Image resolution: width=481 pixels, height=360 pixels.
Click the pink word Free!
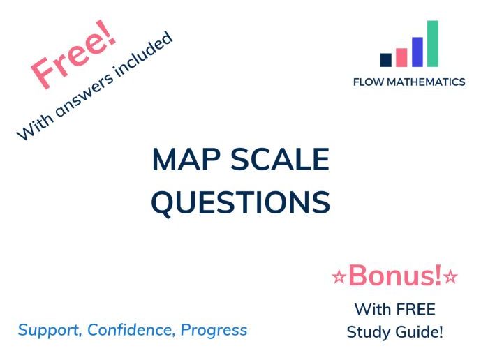pos(73,54)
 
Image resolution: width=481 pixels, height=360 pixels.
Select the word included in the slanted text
pos(143,54)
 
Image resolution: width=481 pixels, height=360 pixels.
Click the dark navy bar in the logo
pos(385,60)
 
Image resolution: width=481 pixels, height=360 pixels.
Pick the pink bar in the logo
pos(401,57)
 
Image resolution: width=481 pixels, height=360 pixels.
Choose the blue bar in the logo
pos(417,52)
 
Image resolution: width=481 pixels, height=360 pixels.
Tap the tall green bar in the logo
pos(433,43)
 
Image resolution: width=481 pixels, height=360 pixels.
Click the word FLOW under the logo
pos(369,82)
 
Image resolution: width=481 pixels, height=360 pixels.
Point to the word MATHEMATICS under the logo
pos(426,82)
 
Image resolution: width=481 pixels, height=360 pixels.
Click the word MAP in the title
pos(186,160)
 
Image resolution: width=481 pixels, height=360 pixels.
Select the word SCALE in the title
pos(280,160)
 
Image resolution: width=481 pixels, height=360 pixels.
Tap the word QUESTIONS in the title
pos(241,202)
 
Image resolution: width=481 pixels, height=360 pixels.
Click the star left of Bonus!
pos(339,276)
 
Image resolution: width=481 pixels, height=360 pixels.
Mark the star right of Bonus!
pos(451,276)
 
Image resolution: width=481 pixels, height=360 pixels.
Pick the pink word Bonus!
pos(395,275)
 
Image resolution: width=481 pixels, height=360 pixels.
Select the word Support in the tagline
pos(50,331)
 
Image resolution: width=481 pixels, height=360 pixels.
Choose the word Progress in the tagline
pos(214,331)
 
